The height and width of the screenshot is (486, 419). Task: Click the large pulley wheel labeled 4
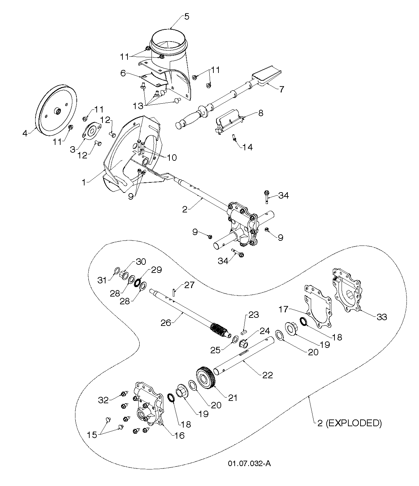coord(56,110)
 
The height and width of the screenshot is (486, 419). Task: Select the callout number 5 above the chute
coord(186,17)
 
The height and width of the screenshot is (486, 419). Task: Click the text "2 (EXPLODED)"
coord(350,423)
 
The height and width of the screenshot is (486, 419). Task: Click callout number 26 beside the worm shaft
coord(165,323)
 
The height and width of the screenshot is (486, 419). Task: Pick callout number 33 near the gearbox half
coord(382,317)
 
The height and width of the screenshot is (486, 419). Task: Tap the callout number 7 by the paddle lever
coord(282,89)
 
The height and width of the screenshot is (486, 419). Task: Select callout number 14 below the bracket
coord(248,147)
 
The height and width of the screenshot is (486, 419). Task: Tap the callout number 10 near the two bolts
coord(172,157)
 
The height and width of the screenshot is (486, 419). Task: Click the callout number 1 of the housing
coord(84,182)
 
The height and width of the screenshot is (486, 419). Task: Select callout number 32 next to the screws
coord(103,400)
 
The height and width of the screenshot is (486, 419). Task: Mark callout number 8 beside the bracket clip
coord(261,113)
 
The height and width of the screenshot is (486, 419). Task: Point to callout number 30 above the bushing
coord(141,261)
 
